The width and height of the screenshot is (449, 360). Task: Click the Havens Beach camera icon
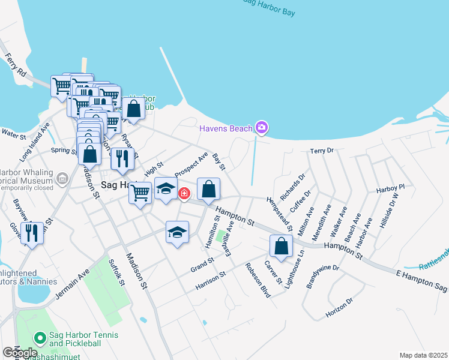261,127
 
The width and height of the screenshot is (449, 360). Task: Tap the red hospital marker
184,193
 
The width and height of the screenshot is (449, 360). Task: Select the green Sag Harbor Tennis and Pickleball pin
40,339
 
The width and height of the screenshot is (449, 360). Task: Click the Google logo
19,353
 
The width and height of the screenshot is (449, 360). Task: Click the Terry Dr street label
321,151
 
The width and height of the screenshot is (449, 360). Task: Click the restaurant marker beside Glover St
32,233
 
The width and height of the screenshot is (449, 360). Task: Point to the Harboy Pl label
391,188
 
